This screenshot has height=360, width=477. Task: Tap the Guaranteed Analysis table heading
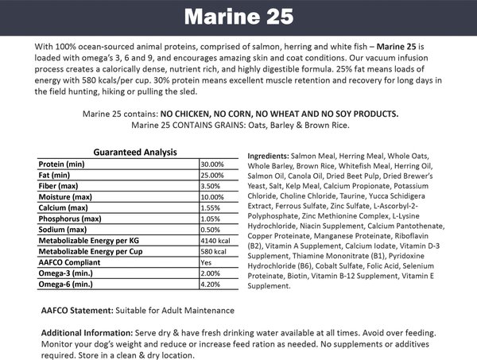pyautogui.click(x=135, y=152)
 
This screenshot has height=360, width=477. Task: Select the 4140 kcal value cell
pyautogui.click(x=216, y=240)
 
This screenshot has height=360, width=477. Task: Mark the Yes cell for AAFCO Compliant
pyautogui.click(x=206, y=262)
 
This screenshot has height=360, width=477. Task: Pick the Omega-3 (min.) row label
pyautogui.click(x=68, y=273)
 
